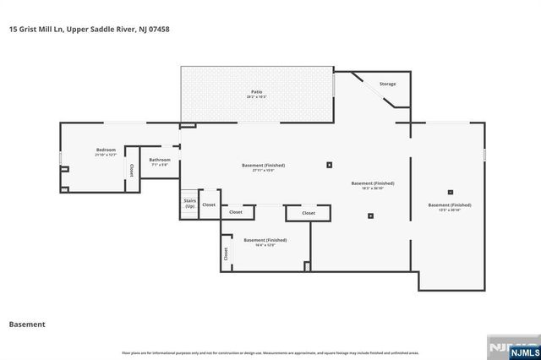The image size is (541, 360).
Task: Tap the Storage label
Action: [387, 84]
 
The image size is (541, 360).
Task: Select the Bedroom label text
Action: [106, 150]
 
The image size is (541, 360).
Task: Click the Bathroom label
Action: [160, 160]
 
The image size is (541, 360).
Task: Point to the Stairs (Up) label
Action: [189, 204]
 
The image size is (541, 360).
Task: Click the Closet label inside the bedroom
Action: [132, 169]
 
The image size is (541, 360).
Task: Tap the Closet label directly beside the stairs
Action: [209, 205]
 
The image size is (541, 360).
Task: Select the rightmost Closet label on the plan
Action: [309, 213]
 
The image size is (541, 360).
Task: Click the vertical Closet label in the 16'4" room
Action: [226, 253]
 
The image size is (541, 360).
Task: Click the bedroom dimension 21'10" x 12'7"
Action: [106, 155]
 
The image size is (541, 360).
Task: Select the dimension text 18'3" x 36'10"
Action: [373, 188]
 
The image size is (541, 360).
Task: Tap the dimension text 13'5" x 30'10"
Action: [450, 210]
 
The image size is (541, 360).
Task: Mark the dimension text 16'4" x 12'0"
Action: [260, 245]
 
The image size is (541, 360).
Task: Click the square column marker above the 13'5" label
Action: [450, 191]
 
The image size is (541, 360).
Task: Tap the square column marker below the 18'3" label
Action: [370, 215]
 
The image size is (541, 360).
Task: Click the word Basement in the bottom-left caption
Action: [26, 324]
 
